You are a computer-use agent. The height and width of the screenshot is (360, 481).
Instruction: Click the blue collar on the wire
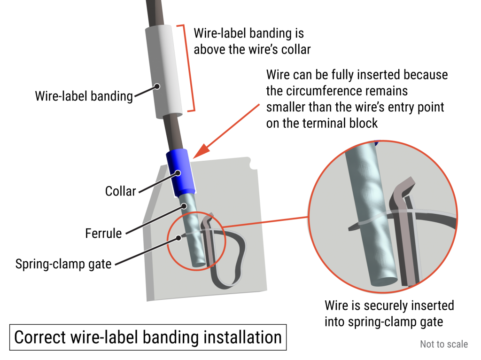coord(181,172)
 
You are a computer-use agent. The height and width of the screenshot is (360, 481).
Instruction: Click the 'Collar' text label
coord(120,191)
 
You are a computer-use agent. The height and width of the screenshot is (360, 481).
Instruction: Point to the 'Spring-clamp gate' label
coord(63,264)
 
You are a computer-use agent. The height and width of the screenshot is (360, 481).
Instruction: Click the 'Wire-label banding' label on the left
coord(84,96)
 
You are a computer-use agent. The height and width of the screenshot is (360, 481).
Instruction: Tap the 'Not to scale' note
coord(443,344)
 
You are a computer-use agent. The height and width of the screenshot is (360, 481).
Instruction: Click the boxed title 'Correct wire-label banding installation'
coord(148,337)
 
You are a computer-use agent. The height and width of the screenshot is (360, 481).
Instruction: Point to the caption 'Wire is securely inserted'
coord(389,305)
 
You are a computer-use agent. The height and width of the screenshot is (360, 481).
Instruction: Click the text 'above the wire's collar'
coord(252,49)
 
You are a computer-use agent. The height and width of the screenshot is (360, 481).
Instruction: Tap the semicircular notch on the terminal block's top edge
coord(254,165)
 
